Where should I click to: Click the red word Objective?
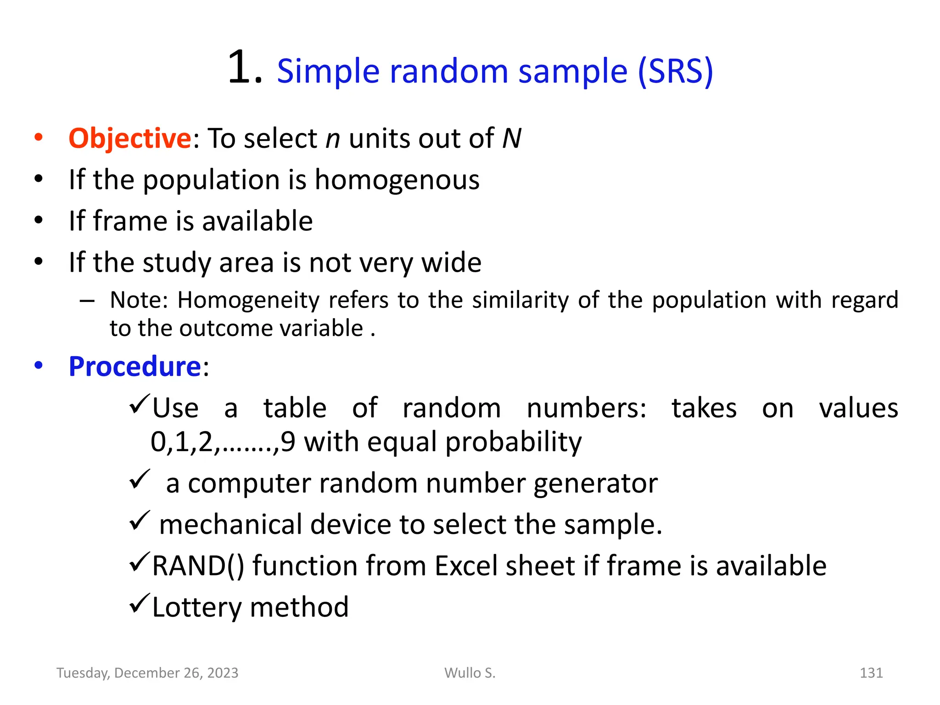pyautogui.click(x=129, y=138)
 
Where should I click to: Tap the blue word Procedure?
pyautogui.click(x=134, y=367)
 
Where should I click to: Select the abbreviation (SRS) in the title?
pyautogui.click(x=676, y=72)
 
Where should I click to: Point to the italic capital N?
pyautogui.click(x=511, y=138)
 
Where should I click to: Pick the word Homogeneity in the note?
pyautogui.click(x=248, y=300)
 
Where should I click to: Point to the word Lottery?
pyautogui.click(x=196, y=607)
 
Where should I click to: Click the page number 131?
pyautogui.click(x=871, y=673)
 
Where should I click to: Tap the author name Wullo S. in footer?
pyautogui.click(x=470, y=673)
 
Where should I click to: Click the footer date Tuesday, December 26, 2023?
pyautogui.click(x=147, y=673)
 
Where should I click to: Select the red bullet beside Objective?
pyautogui.click(x=39, y=137)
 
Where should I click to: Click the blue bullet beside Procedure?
pyautogui.click(x=39, y=366)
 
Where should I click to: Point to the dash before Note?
pyautogui.click(x=87, y=301)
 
